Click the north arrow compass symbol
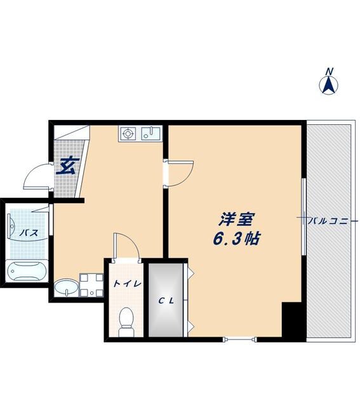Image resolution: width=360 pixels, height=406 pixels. click(x=330, y=84)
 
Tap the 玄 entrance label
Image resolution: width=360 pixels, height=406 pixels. click(x=67, y=166)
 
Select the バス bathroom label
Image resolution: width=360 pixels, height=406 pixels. click(x=28, y=233)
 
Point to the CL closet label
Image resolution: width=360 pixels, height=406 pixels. click(x=166, y=301)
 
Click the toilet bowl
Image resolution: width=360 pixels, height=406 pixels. click(x=126, y=317)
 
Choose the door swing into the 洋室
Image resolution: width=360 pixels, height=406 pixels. click(x=180, y=173)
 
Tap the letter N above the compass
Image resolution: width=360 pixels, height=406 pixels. click(x=329, y=70)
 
